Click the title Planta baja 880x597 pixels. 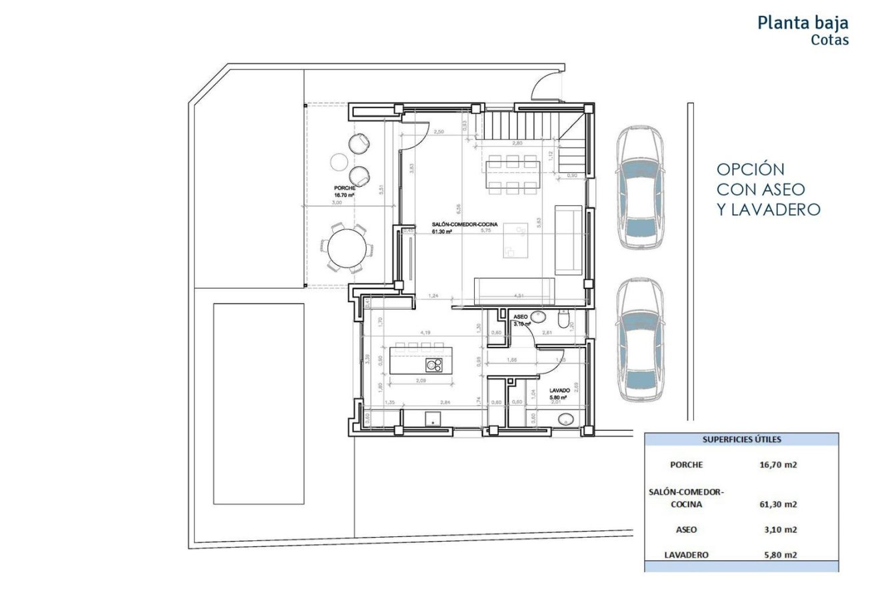[x=803, y=23]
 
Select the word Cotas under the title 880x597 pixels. [x=829, y=40]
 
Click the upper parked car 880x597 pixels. [x=639, y=188]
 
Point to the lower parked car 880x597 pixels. [x=639, y=340]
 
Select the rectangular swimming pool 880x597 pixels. [x=259, y=404]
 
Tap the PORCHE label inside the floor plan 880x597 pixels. [x=345, y=188]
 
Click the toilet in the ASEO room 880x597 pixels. [x=565, y=323]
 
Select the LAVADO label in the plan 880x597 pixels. [x=559, y=390]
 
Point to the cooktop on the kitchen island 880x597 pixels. [x=435, y=365]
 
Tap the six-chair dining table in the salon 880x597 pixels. [x=512, y=174]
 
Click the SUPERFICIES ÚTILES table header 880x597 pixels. [x=741, y=440]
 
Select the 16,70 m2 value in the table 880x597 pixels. [x=778, y=465]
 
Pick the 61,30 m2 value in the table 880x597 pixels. [x=778, y=504]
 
